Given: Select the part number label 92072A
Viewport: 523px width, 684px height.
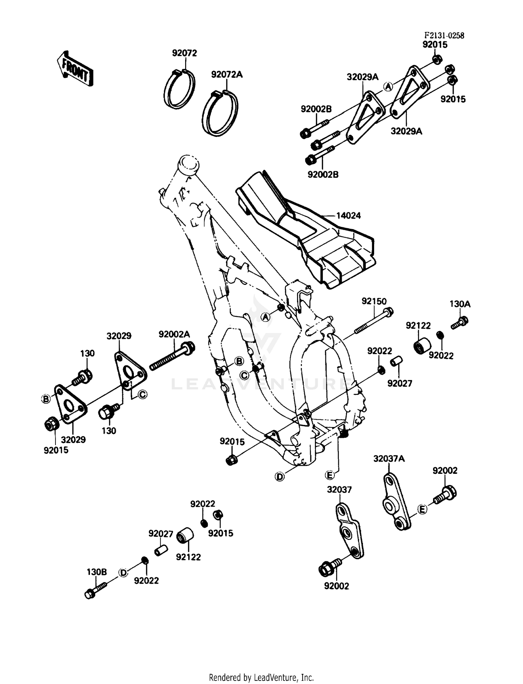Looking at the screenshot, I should click(227, 74).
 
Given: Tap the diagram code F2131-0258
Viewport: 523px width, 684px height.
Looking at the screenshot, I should click(444, 36).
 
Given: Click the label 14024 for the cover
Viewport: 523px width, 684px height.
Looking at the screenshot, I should click(349, 216).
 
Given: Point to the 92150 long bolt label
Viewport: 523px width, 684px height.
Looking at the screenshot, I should click(374, 301).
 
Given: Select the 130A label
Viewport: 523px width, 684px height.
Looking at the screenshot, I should click(460, 304).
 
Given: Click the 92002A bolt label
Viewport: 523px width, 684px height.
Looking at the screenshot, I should click(174, 334).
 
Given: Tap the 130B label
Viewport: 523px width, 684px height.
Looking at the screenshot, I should click(97, 572).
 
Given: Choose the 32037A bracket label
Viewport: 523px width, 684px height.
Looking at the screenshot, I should click(389, 459).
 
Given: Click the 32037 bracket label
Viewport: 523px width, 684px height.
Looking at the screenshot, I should click(339, 489).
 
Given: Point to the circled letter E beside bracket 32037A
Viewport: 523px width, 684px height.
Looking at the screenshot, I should click(422, 510).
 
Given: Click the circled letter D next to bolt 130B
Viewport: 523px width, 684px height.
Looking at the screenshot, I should click(123, 572).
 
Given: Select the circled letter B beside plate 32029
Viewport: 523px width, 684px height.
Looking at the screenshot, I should click(46, 399).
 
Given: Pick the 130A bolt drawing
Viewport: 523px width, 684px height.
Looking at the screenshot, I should click(460, 323).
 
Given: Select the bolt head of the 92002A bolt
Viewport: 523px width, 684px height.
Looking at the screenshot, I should click(189, 348).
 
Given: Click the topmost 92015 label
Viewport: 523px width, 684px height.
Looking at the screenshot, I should click(435, 45).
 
